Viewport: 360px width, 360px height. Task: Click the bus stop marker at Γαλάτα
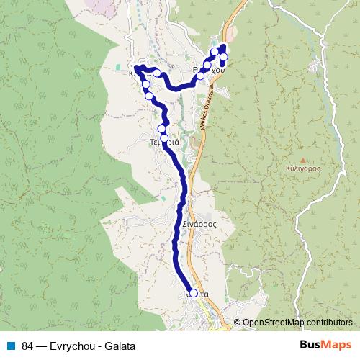[193, 293]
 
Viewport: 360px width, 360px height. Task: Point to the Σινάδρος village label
[199, 224]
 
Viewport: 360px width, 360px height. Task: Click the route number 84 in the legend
[28, 346]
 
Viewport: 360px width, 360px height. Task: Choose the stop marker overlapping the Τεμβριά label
[164, 138]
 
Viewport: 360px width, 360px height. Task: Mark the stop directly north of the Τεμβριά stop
[162, 130]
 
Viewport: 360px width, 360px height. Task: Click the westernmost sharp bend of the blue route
[135, 67]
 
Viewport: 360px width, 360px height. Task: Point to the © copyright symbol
[238, 323]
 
